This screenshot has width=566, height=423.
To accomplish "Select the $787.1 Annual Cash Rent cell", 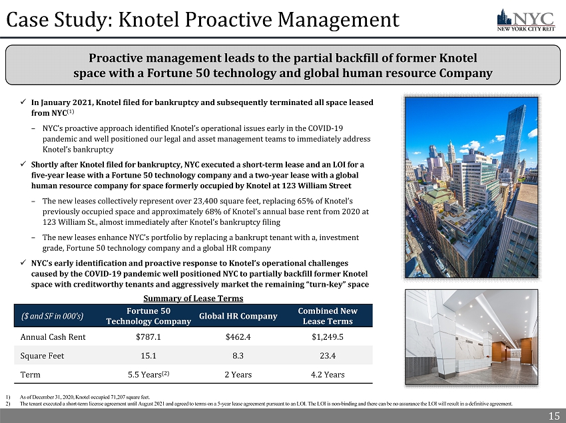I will [148, 337].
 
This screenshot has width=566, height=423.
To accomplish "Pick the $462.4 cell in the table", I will [238, 337].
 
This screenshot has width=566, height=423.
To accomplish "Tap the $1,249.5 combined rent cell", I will [328, 337].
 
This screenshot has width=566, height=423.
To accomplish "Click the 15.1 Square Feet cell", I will [148, 355].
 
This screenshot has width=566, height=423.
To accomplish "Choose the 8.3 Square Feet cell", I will [238, 355].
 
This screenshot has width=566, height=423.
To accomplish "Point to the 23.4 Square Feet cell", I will [328, 355].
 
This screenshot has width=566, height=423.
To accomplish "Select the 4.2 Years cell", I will [328, 374].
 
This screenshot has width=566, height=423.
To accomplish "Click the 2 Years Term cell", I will [238, 374].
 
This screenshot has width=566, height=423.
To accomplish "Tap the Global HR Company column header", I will [238, 316].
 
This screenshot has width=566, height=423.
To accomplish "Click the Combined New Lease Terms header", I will [328, 316].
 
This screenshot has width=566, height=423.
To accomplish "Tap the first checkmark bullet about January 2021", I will [23, 103].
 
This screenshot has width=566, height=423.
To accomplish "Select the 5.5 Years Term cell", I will [150, 374].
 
